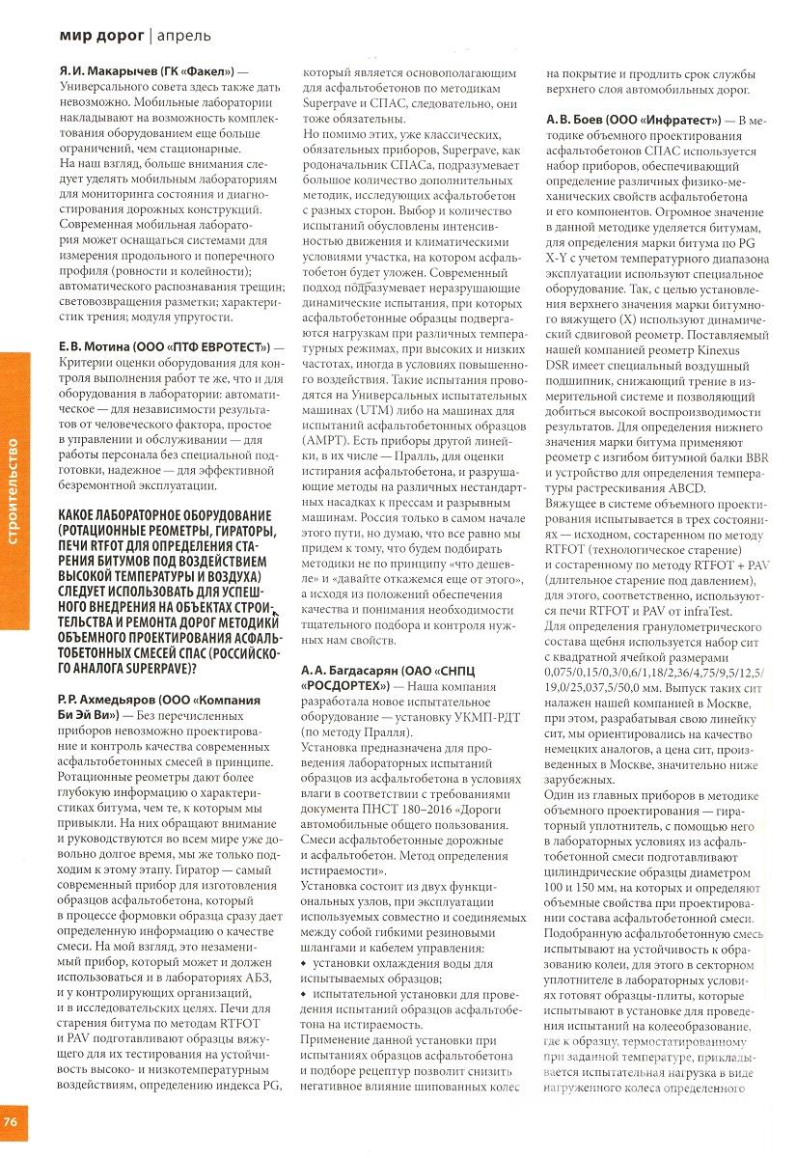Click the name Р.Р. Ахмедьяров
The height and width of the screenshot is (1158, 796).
tap(107, 697)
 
